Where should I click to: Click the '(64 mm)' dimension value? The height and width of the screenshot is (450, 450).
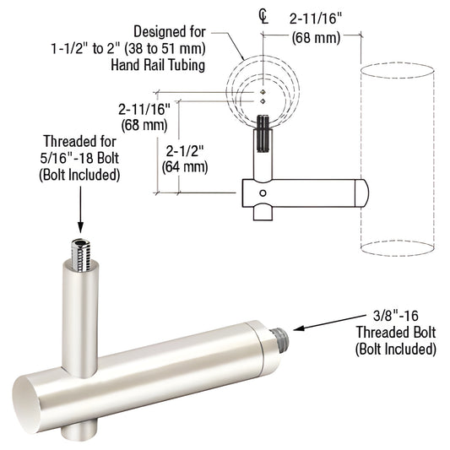(184, 166)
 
